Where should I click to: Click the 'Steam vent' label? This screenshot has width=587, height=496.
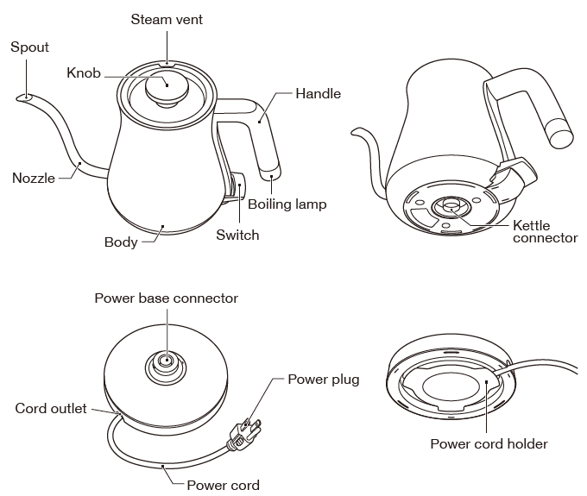[167, 19]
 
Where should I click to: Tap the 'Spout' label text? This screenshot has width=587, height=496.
[29, 47]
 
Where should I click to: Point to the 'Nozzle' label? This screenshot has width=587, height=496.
[34, 179]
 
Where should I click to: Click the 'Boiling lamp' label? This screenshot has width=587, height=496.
[288, 204]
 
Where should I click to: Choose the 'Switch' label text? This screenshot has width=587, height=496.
[237, 235]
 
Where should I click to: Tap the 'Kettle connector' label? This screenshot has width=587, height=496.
[545, 231]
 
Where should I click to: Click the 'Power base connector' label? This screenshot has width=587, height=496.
[166, 298]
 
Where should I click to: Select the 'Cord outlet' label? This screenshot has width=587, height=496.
[51, 408]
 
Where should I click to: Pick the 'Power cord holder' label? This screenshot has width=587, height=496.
[489, 444]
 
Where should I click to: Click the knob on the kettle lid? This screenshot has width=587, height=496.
[167, 87]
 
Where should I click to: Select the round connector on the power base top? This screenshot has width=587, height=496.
[166, 364]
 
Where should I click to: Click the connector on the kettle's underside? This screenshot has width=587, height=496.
[449, 208]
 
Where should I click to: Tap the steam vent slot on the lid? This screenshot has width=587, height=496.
[167, 64]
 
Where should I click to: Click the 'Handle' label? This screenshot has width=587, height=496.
[318, 93]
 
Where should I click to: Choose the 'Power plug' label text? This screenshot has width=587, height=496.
[323, 380]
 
